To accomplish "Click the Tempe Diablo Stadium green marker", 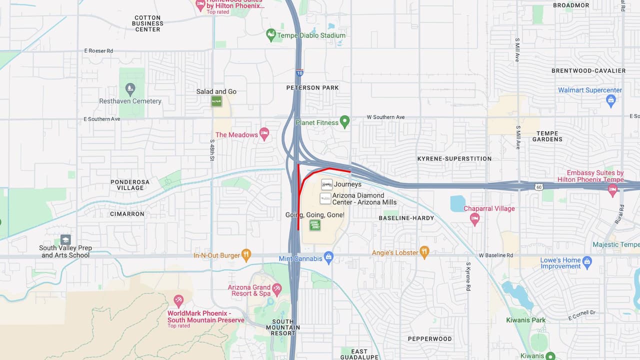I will [271, 35].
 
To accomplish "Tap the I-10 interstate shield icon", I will [299, 73].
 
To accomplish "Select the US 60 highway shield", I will [538, 187].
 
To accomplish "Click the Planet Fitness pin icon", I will [344, 122].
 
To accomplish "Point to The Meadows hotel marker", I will [264, 134].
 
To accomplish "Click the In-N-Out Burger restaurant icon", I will [246, 255].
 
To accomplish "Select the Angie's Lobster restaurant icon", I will [424, 252].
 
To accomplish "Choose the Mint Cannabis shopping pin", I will [328, 258].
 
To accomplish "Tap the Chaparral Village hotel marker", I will [474, 218].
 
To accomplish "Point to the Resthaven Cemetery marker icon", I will [130, 90].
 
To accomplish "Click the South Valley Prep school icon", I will [65, 239].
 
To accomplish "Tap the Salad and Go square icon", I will [216, 101].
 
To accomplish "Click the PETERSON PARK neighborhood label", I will [312, 88].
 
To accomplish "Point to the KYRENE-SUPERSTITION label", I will [454, 159].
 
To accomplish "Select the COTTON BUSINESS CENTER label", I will [147, 23].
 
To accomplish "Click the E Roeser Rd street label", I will [98, 51].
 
